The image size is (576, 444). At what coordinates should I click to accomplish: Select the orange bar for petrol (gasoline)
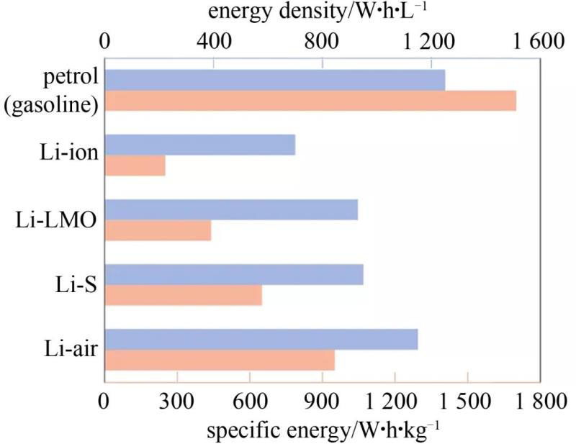click(310, 101)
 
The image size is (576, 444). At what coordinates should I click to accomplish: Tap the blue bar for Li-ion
click(200, 145)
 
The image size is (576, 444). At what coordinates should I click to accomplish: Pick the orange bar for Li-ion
click(135, 166)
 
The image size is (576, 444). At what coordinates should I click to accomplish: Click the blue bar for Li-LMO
click(231, 210)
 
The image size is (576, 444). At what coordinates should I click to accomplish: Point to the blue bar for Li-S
click(234, 275)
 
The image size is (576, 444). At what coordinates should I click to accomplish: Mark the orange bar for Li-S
click(184, 295)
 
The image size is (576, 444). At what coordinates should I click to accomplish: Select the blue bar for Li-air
click(261, 340)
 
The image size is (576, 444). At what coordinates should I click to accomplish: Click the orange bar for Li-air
click(220, 360)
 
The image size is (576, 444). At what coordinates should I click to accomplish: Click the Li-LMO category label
click(56, 220)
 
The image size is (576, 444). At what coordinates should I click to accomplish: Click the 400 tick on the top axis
click(213, 42)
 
